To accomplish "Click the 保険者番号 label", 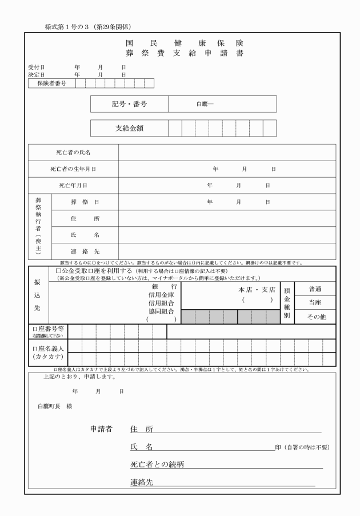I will [52, 83].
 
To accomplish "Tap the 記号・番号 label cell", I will [129, 104].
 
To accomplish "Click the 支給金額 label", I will [129, 128].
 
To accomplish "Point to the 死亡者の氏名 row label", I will [73, 153].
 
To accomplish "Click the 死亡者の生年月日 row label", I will [73, 169].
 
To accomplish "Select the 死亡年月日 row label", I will [73, 186].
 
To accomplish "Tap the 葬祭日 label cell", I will [85, 202].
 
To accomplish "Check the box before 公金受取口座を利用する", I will [58, 270].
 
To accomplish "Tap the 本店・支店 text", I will [257, 290].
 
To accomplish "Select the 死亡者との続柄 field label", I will [157, 465].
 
